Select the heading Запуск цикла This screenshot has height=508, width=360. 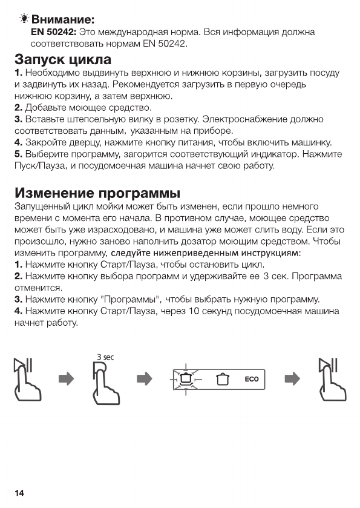[63, 60]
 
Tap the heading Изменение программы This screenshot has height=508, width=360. [97, 194]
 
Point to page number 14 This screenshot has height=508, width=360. [19, 493]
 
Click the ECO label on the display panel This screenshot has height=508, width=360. [252, 379]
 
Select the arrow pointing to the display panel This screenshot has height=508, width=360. [144, 379]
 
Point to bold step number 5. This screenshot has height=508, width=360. [18, 154]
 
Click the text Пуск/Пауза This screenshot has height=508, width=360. [37, 165]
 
